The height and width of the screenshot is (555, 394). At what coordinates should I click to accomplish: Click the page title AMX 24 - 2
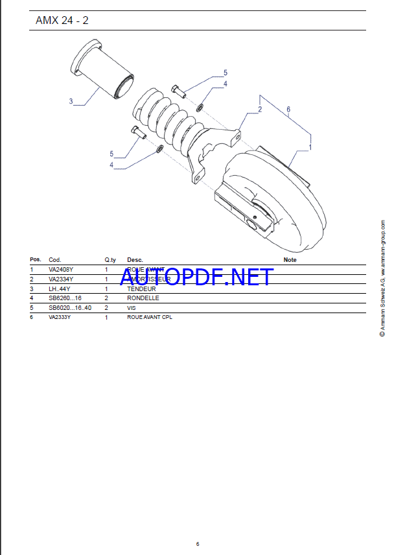point(63,20)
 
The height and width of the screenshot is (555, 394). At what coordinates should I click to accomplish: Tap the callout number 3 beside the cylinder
point(71,101)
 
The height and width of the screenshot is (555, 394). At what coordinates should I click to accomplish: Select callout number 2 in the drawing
point(260,110)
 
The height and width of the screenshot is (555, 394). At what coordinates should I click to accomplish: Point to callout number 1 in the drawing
point(310,147)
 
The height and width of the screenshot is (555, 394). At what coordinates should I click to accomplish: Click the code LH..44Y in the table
point(59,289)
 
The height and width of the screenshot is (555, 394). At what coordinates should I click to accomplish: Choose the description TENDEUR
point(141,289)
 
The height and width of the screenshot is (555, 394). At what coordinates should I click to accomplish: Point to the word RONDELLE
point(143,298)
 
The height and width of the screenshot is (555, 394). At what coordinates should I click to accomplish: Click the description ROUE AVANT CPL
point(150,317)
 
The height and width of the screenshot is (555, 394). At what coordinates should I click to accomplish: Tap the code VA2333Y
point(60,317)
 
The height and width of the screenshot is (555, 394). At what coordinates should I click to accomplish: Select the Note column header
point(290,259)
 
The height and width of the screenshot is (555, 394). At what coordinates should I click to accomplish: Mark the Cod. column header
point(54,259)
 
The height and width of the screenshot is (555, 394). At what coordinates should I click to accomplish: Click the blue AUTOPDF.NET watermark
point(196,277)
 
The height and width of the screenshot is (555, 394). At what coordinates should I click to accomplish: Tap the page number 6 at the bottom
point(198,543)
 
